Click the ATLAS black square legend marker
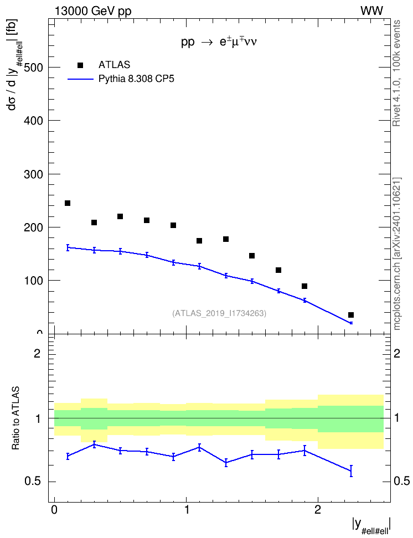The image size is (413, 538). coord(80,65)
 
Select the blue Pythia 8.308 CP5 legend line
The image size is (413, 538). coord(80,79)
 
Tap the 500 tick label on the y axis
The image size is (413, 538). coord(33,68)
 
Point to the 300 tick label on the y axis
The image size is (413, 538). coord(33,174)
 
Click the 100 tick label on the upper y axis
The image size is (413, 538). coord(33,281)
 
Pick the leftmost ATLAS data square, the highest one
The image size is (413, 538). coord(68,203)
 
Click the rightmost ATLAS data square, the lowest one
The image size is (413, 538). coord(351,315)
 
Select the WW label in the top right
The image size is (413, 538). coord(371,11)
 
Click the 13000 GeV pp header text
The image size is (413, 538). coord(93,12)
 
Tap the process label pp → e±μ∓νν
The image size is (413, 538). coord(219,42)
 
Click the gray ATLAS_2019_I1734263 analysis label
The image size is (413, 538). coord(219,313)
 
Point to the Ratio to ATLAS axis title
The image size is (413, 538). coord(16,418)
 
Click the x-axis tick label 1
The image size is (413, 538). coord(187,510)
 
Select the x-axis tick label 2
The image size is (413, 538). coord(318,510)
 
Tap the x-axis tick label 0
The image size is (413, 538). coord(54,510)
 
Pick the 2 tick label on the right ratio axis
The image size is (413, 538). coord(397,353)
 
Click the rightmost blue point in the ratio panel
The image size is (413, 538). coord(351,470)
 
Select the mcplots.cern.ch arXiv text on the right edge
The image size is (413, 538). coord(397,254)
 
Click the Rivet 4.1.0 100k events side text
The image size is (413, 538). coord(396,73)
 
